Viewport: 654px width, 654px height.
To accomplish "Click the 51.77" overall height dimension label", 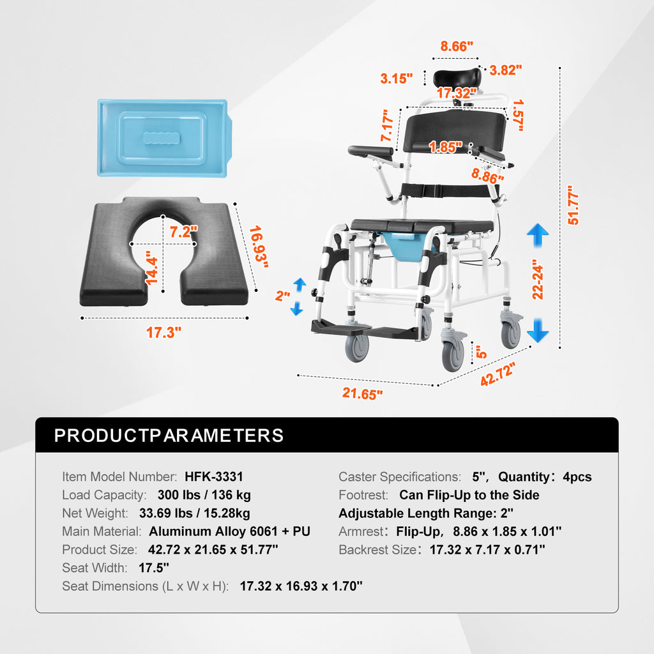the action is pos(574,205).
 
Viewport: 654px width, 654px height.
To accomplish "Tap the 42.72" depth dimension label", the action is pos(498,374).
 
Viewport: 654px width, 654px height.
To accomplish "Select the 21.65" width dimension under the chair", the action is pos(362,393).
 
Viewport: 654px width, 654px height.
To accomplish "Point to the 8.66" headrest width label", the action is pos(457,46).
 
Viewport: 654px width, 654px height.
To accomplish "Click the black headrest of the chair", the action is pos(457,79).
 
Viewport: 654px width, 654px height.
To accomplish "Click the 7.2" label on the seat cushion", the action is pos(183,231).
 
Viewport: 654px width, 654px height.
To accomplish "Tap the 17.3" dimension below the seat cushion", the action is pos(163,332).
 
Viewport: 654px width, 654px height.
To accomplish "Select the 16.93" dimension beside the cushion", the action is pos(258,247).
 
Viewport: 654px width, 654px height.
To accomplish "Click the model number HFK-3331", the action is pos(213,476).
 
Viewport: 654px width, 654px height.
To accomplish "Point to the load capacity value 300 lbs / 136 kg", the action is pos(204,495).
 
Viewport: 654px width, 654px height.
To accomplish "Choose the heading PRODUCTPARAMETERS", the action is pos(169,436).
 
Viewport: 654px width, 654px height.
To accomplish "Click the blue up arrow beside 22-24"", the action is pos(538,235).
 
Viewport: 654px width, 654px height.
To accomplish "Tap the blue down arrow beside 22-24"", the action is pos(538,330).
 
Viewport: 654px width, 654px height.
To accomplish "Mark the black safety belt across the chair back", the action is pos(445,190).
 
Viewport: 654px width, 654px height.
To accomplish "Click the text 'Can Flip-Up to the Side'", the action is pos(469,495).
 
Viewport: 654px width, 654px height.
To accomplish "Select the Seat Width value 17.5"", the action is pos(154,568).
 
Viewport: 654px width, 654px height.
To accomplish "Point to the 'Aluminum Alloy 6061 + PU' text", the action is pos(229,531).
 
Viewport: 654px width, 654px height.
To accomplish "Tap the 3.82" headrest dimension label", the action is pos(506,70).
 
